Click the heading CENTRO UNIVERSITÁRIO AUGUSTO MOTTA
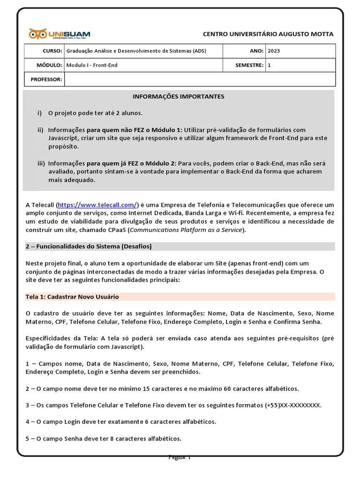268,34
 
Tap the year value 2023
273,51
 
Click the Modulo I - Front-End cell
92,65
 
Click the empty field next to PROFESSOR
200,79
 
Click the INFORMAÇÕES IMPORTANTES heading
179,97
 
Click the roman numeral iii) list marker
41,163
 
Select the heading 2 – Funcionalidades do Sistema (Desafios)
88,246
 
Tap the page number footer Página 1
180,457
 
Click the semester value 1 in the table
269,65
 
